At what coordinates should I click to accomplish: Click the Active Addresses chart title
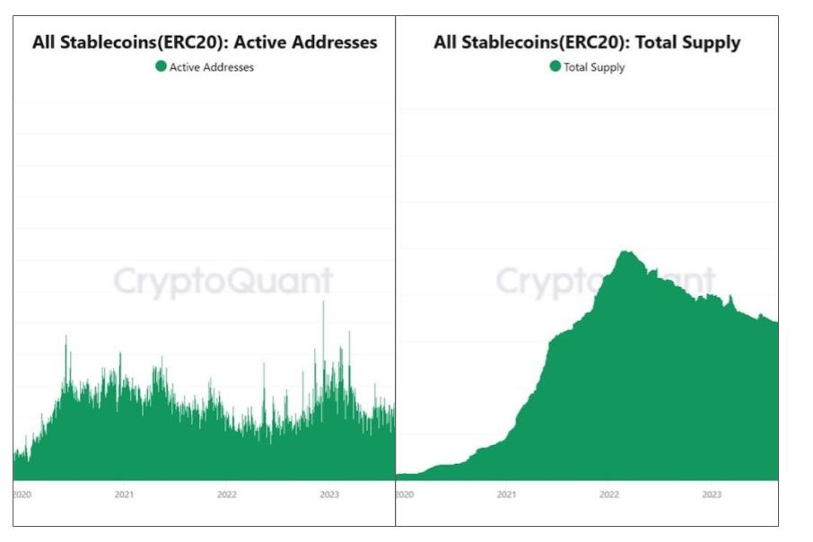click(205, 42)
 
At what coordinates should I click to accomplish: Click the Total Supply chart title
click(587, 42)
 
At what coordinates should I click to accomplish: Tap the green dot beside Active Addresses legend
click(161, 66)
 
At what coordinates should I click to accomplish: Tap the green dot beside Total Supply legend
click(555, 66)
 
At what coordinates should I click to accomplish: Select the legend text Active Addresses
click(212, 67)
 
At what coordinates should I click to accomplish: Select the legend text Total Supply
click(594, 67)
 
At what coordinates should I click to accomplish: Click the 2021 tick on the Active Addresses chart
click(124, 494)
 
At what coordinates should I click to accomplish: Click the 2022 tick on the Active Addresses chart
click(227, 494)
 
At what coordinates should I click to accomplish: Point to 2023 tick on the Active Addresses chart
click(329, 494)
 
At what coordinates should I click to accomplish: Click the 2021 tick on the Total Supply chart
click(506, 494)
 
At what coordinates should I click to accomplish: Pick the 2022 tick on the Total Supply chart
click(609, 494)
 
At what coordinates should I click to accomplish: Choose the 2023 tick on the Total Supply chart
click(712, 494)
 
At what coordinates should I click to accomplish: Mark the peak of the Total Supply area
click(625, 252)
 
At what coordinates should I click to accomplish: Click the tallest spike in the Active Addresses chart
click(323, 303)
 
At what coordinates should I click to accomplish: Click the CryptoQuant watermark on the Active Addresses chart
click(223, 282)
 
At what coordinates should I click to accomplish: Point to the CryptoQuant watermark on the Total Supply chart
click(606, 282)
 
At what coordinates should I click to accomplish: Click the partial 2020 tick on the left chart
click(21, 494)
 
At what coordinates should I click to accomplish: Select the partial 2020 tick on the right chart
click(404, 494)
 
